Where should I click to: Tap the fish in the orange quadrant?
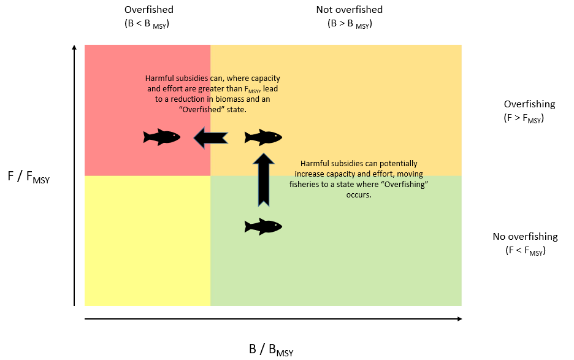263,137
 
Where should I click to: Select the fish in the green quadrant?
263,226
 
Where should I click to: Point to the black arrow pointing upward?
263,180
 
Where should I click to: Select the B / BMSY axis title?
270,350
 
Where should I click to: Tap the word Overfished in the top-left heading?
148,10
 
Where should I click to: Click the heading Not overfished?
349,10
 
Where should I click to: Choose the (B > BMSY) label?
350,25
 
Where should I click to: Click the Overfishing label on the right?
529,104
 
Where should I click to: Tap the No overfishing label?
525,237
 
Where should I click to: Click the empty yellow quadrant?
147,240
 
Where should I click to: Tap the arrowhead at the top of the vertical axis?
74,48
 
